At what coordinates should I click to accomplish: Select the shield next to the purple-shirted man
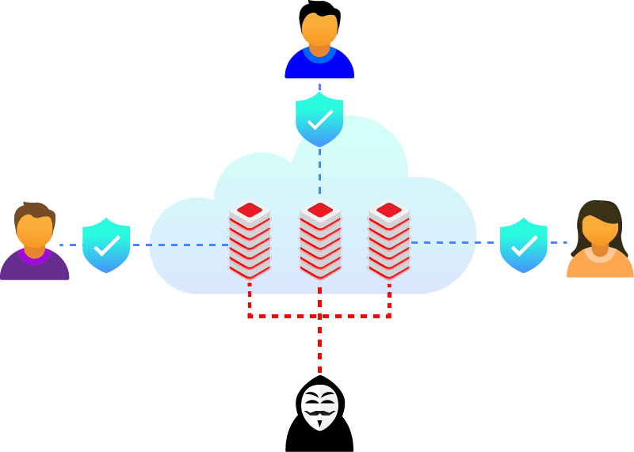[106, 245]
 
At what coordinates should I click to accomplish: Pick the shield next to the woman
[524, 245]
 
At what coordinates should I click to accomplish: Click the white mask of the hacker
[319, 408]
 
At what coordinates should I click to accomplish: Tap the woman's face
[600, 230]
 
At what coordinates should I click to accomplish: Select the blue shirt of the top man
[319, 66]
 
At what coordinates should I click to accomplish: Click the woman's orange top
[600, 264]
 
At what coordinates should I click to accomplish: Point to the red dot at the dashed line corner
[250, 316]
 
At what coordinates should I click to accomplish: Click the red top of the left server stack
[250, 210]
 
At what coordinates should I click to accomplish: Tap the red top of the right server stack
[389, 210]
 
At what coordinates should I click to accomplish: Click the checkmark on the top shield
[319, 120]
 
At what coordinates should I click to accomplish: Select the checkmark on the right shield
[524, 245]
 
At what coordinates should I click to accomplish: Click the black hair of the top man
[319, 10]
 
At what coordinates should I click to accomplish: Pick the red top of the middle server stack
[320, 210]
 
